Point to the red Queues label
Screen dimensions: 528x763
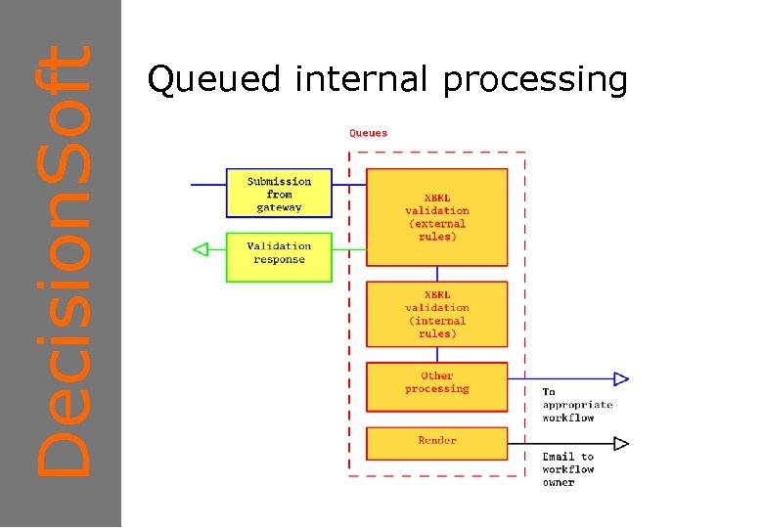pyautogui.click(x=369, y=133)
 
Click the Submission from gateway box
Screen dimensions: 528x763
pyautogui.click(x=279, y=194)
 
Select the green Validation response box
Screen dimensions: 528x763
pyautogui.click(x=279, y=256)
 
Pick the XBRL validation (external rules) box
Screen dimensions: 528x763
pyautogui.click(x=437, y=217)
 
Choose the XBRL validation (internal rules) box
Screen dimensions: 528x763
pyautogui.click(x=437, y=314)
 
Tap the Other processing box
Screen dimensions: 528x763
pyautogui.click(x=437, y=386)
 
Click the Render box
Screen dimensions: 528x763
pyautogui.click(x=437, y=443)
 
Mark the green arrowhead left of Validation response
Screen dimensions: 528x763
pyautogui.click(x=201, y=250)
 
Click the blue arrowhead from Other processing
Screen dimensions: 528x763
pyautogui.click(x=620, y=378)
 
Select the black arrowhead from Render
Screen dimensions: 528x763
pyautogui.click(x=620, y=443)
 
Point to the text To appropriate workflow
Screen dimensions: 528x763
pyautogui.click(x=577, y=405)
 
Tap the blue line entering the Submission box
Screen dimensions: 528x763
pyautogui.click(x=207, y=185)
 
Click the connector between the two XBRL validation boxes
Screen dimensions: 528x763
pyautogui.click(x=437, y=274)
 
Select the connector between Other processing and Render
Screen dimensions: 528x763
pyautogui.click(x=437, y=419)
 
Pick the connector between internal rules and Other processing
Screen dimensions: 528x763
pyautogui.click(x=437, y=355)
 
